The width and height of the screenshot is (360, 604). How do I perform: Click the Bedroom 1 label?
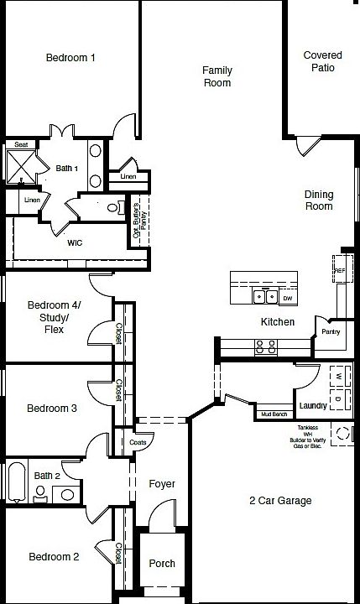click(70, 58)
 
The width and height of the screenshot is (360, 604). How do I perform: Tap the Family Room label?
click(217, 76)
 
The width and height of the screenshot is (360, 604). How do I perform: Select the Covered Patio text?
click(323, 61)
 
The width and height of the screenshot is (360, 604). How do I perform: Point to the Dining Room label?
click(318, 200)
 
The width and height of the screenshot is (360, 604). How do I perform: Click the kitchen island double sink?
click(266, 296)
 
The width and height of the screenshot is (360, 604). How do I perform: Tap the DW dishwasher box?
click(287, 298)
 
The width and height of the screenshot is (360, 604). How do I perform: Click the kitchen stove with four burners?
click(266, 346)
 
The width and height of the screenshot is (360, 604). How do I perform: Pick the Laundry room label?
click(312, 406)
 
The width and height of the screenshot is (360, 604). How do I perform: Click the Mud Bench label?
click(274, 414)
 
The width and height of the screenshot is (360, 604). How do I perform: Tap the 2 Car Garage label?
click(280, 501)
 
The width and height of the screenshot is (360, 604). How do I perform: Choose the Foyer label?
click(162, 484)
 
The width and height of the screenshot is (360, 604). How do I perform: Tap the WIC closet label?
click(75, 242)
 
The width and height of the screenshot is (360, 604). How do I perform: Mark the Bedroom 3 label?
click(52, 409)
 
